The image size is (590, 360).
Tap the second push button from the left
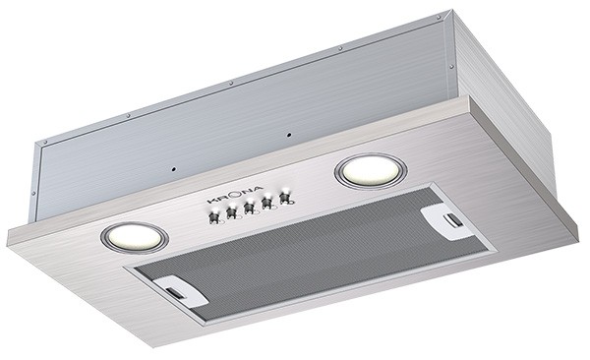tap(234, 211)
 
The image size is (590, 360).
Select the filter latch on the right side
tap(442, 218)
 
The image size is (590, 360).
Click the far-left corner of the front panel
tap(9, 236)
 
